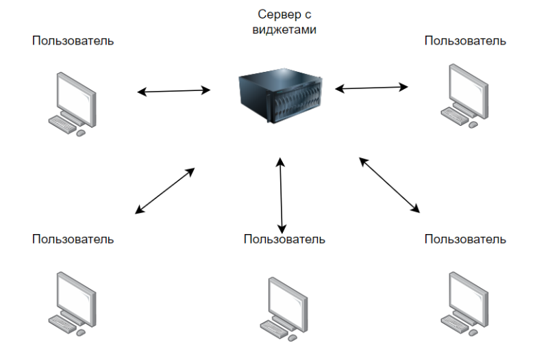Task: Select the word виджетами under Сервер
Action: pos(282,29)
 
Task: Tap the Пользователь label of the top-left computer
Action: pos(73,41)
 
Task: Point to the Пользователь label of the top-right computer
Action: pos(465,41)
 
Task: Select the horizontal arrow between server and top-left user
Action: pos(173,90)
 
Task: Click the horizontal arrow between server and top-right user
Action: pos(371,88)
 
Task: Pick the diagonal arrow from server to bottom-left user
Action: pos(165,191)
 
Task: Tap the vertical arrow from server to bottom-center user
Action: pos(281,194)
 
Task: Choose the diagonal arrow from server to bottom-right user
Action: pos(388,184)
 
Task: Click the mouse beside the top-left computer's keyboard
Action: pos(81,133)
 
